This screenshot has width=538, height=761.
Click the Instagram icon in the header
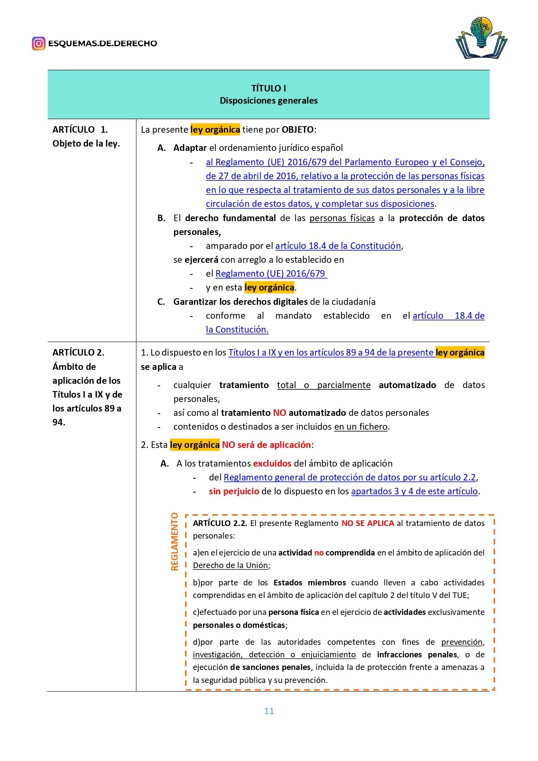[x=39, y=43]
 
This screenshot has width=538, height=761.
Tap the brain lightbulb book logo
[x=481, y=38]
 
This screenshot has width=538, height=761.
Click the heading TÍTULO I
[x=268, y=88]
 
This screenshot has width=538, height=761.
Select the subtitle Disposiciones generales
[x=268, y=101]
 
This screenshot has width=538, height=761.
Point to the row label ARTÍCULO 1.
[x=80, y=130]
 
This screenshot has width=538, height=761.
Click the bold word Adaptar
[x=190, y=148]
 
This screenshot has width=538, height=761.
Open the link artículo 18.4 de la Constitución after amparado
[x=338, y=246]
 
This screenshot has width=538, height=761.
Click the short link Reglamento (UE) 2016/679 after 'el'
[x=271, y=274]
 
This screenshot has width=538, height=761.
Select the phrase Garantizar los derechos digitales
[x=241, y=302]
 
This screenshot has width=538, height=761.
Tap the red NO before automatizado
[x=280, y=413]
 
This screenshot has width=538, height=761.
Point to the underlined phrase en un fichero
[x=361, y=427]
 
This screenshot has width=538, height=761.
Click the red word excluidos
[x=272, y=464]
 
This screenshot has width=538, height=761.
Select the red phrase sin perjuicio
[x=234, y=491]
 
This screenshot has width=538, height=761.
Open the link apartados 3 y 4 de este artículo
[x=414, y=491]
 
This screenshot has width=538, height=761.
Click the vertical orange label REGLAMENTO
[x=175, y=541]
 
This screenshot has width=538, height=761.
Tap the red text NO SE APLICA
[x=368, y=523]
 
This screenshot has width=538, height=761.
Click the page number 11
[x=269, y=711]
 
